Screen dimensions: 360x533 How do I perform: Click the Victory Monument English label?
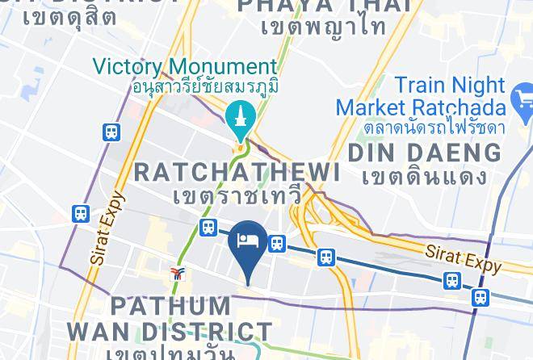(x=186, y=66)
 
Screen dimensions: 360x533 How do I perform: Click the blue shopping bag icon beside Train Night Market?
(x=522, y=103)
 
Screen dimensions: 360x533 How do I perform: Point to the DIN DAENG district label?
(x=424, y=152)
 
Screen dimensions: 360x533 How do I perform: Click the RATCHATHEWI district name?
(x=236, y=171)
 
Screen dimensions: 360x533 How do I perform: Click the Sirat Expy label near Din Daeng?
(x=464, y=258)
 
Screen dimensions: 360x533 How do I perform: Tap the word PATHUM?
(x=170, y=306)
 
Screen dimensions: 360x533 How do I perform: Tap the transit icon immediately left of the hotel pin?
(x=208, y=228)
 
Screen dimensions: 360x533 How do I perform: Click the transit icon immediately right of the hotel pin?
(x=278, y=243)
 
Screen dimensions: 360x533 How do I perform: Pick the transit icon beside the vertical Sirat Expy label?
(x=81, y=214)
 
